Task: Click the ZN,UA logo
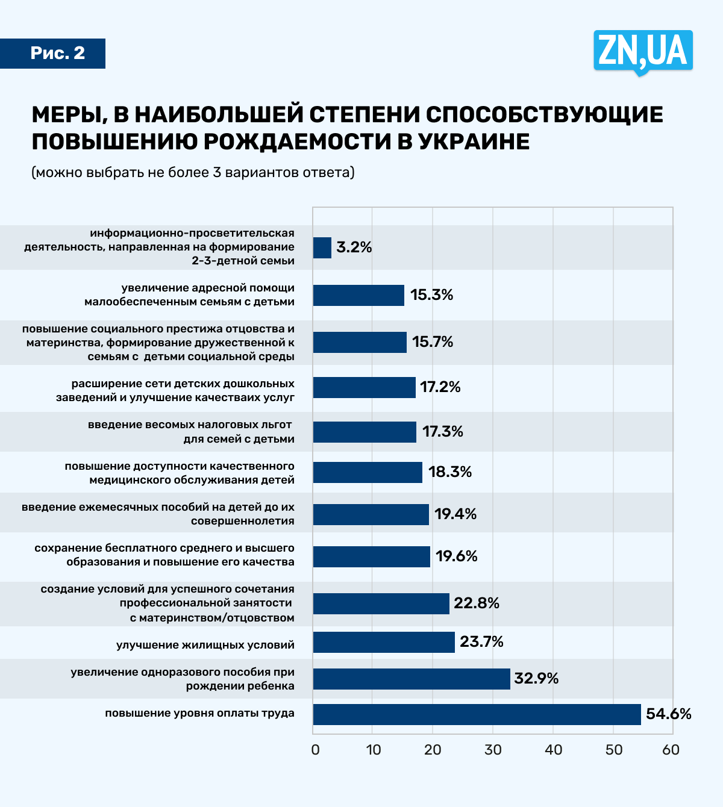tap(643, 51)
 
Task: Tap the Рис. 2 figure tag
tap(58, 53)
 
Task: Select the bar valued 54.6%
tap(477, 714)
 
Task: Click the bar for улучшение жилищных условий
tap(384, 642)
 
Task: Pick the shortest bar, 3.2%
tap(322, 248)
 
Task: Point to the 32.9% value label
tap(536, 679)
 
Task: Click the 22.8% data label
tap(477, 603)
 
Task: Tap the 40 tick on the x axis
tap(553, 750)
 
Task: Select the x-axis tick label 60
tap(671, 750)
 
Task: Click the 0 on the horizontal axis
tap(315, 750)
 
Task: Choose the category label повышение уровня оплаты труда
tap(200, 714)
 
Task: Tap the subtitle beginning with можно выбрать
tap(193, 173)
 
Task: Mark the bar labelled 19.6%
tap(372, 556)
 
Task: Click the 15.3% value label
tap(431, 295)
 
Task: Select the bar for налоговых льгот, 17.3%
tap(365, 432)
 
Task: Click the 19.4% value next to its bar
tap(455, 514)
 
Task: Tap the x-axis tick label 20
tap(433, 750)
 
